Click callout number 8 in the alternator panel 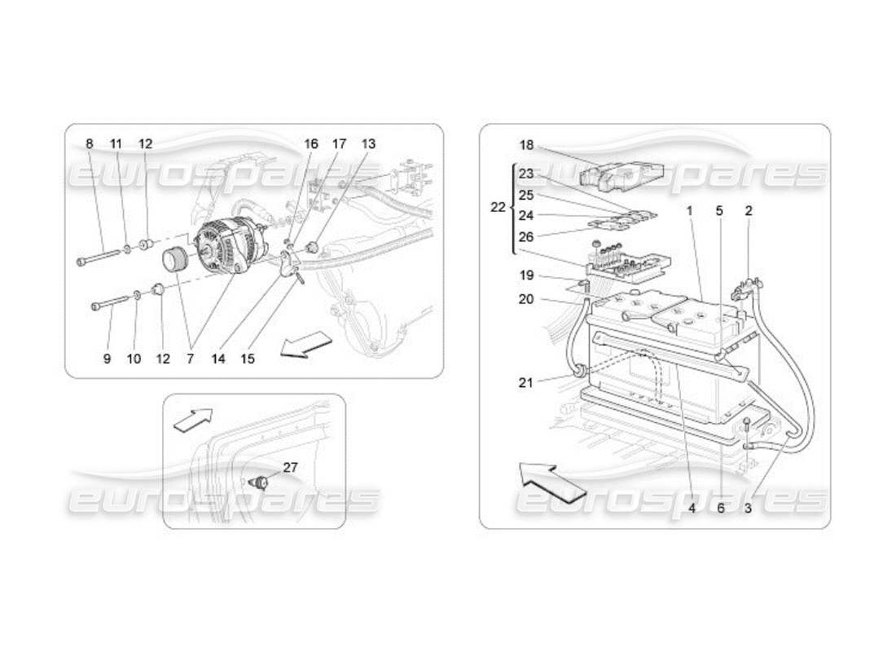[89, 143]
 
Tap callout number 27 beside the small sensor [291, 467]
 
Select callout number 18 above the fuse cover [526, 145]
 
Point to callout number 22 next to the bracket [498, 207]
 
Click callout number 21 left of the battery [526, 381]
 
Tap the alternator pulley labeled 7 [176, 260]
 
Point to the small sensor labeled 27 [262, 481]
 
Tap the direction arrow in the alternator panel [305, 346]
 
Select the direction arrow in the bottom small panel [193, 418]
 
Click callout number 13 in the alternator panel [368, 143]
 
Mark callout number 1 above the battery [689, 210]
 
